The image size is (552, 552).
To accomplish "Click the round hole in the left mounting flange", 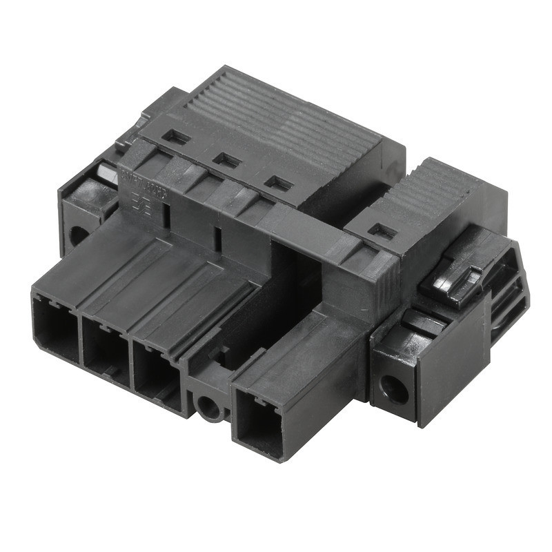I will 78,235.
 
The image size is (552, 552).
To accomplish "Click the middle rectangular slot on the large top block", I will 227,160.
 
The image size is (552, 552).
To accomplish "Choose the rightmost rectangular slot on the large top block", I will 279,184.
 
